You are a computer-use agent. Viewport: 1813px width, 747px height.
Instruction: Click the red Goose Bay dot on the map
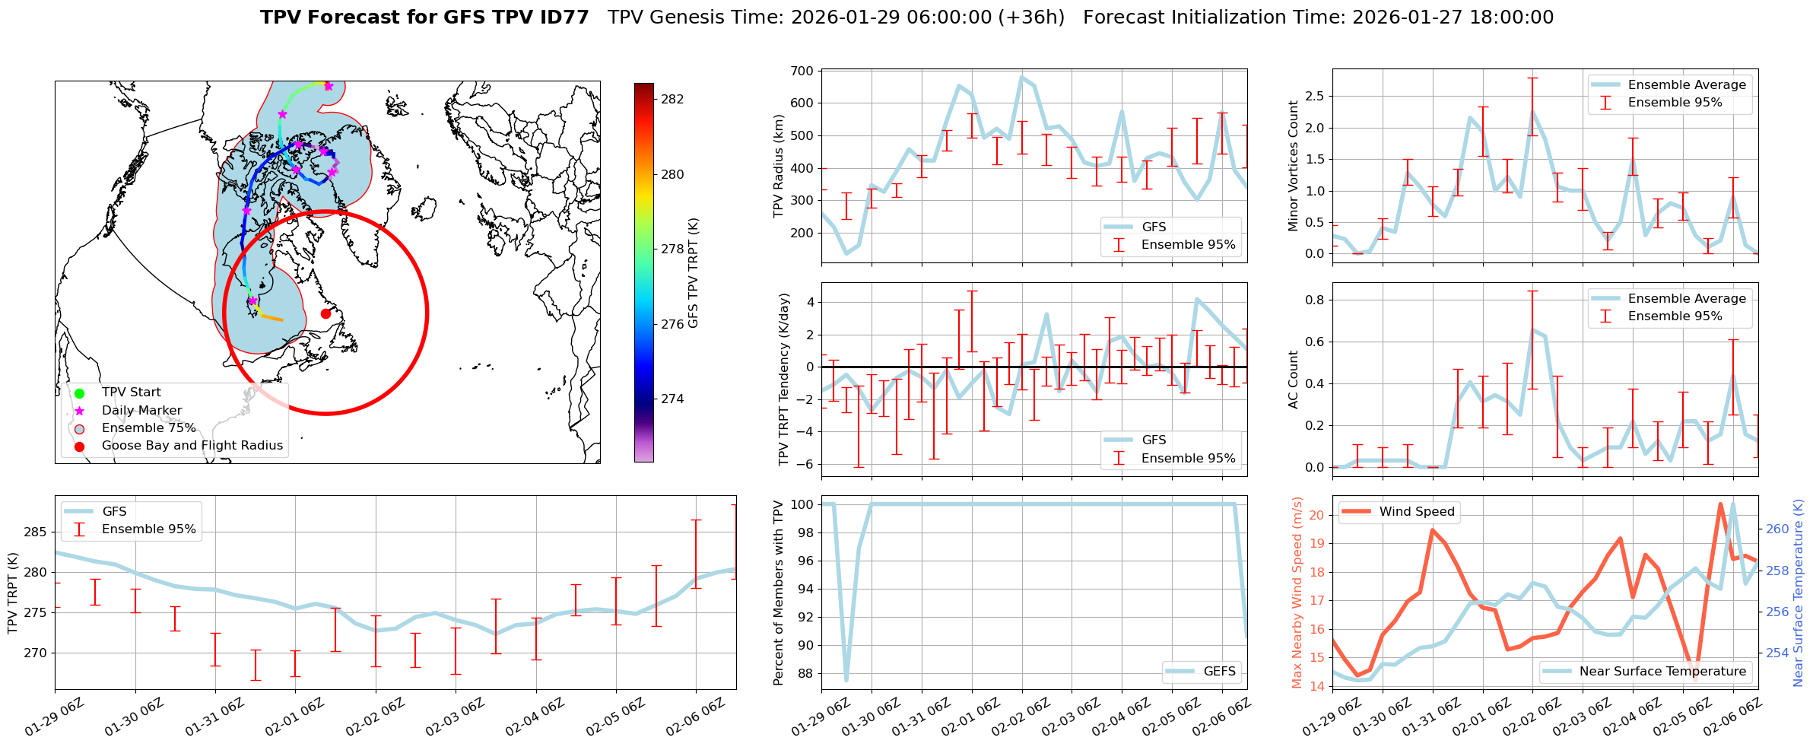325,313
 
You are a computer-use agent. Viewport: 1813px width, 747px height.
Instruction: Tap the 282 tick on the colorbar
672,99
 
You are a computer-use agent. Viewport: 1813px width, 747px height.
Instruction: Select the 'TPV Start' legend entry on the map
131,393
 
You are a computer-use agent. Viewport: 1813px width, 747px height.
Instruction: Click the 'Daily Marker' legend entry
141,410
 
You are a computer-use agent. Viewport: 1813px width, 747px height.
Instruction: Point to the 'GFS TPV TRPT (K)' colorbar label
693,273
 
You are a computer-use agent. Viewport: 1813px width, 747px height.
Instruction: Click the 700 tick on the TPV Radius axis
804,71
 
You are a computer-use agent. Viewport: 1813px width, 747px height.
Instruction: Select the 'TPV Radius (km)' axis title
778,167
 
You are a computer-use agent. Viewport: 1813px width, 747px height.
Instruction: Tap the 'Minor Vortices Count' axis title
1294,166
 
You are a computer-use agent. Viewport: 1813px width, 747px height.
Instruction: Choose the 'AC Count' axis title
1294,380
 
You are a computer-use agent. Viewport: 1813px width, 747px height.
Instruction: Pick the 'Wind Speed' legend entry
1417,512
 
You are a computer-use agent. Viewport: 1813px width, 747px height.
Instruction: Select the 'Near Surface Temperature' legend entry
1662,671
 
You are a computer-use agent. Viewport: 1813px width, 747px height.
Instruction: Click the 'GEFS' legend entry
1219,671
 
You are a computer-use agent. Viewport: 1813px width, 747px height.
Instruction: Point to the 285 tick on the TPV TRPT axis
35,532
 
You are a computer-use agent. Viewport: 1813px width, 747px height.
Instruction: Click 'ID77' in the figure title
562,17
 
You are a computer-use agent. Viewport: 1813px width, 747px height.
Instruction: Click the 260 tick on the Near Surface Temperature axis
1777,529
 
